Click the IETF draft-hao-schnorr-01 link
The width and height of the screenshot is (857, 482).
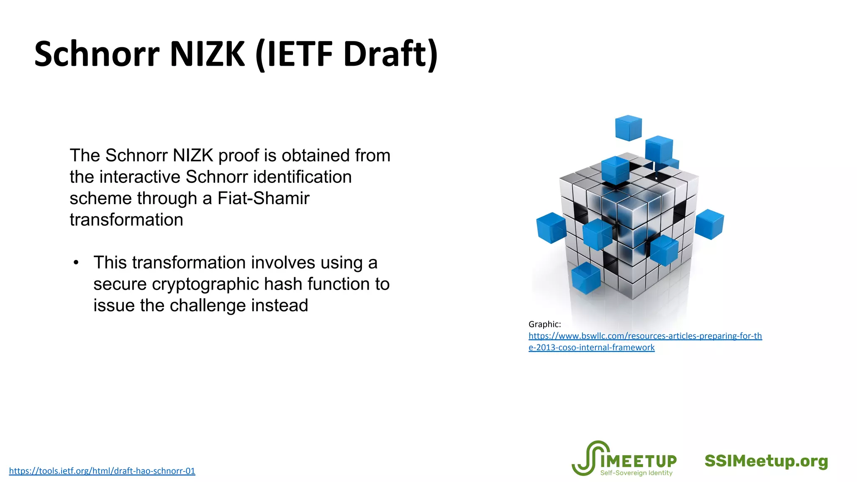[x=102, y=471]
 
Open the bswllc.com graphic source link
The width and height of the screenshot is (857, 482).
[x=645, y=336]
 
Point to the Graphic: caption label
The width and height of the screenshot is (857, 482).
[x=544, y=324]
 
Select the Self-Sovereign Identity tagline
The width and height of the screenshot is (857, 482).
[x=636, y=473]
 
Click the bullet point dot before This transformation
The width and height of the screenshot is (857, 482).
[x=76, y=263]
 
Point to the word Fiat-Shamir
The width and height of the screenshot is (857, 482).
[x=263, y=198]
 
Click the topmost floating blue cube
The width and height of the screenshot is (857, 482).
[x=628, y=128]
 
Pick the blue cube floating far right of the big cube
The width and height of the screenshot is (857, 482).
[x=709, y=224]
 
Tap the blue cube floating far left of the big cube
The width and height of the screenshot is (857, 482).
[x=551, y=228]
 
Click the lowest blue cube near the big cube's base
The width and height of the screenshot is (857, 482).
[x=586, y=277]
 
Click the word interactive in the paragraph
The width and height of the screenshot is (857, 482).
[x=140, y=177]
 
